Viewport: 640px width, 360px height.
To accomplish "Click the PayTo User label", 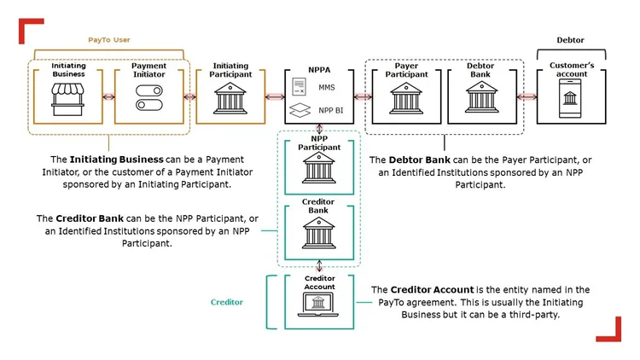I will pyautogui.click(x=109, y=40).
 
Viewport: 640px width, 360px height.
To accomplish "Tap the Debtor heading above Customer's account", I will pyautogui.click(x=570, y=40).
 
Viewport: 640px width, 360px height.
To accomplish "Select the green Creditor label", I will pyautogui.click(x=227, y=302).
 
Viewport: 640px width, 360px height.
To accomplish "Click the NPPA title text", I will pyautogui.click(x=319, y=70).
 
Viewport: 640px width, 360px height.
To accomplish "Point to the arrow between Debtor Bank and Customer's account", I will pyautogui.click(x=529, y=97).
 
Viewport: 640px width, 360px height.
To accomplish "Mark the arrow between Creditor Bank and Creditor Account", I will pyautogui.click(x=319, y=265).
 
